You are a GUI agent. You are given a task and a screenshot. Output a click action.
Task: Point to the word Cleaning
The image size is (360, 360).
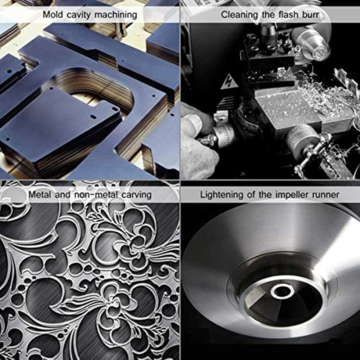coord(236,15)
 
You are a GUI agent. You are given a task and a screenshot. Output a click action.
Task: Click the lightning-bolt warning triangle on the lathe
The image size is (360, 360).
coord(229,83)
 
